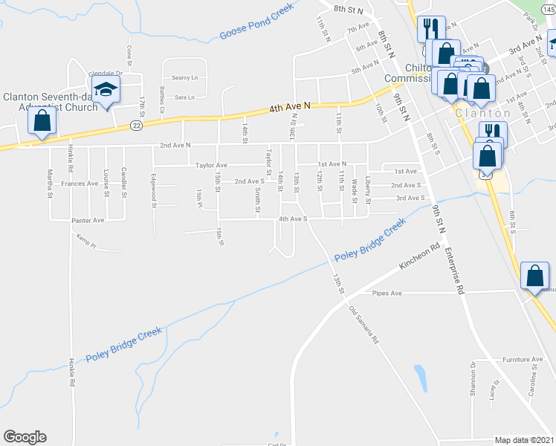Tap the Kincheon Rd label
click(x=421, y=257)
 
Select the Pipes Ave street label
click(x=387, y=294)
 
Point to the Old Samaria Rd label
click(x=364, y=324)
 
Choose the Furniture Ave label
click(x=522, y=359)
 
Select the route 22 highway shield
click(x=136, y=126)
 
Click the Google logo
click(x=25, y=437)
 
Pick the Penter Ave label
click(x=87, y=220)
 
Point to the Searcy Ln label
click(x=185, y=77)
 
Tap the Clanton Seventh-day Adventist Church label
click(x=51, y=102)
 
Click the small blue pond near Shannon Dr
click(x=420, y=378)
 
